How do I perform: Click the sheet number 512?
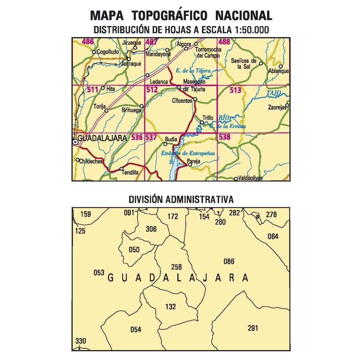pos(152,90)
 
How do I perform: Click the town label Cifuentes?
pos(182,101)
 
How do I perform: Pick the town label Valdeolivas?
pos(250,178)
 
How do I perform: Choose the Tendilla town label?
pos(130,172)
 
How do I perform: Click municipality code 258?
pos(176,267)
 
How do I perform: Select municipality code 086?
pos(229,262)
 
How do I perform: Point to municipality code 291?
pos(253,328)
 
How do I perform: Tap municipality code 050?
pos(134,250)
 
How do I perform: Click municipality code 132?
pos(170,307)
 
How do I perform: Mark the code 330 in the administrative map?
pos(80,341)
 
